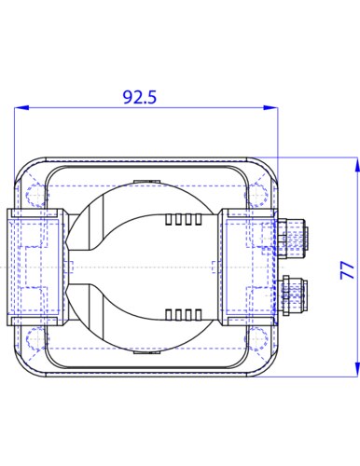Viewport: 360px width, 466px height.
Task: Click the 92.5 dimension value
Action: pos(140,97)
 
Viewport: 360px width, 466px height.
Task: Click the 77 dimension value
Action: pos(347,270)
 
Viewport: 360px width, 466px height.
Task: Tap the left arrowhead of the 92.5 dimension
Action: pos(21,107)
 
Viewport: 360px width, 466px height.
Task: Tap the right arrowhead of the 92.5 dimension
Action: pos(270,107)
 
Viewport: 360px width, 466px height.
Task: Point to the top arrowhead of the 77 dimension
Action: pos(357,164)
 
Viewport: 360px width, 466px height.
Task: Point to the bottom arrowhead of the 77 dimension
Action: pos(357,370)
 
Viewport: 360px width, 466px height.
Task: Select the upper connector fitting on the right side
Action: pos(292,239)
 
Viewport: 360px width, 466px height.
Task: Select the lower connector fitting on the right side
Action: pos(294,295)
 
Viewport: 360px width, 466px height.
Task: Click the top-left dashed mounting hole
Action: pos(35,196)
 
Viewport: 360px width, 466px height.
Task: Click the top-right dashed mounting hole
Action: pos(257,196)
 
